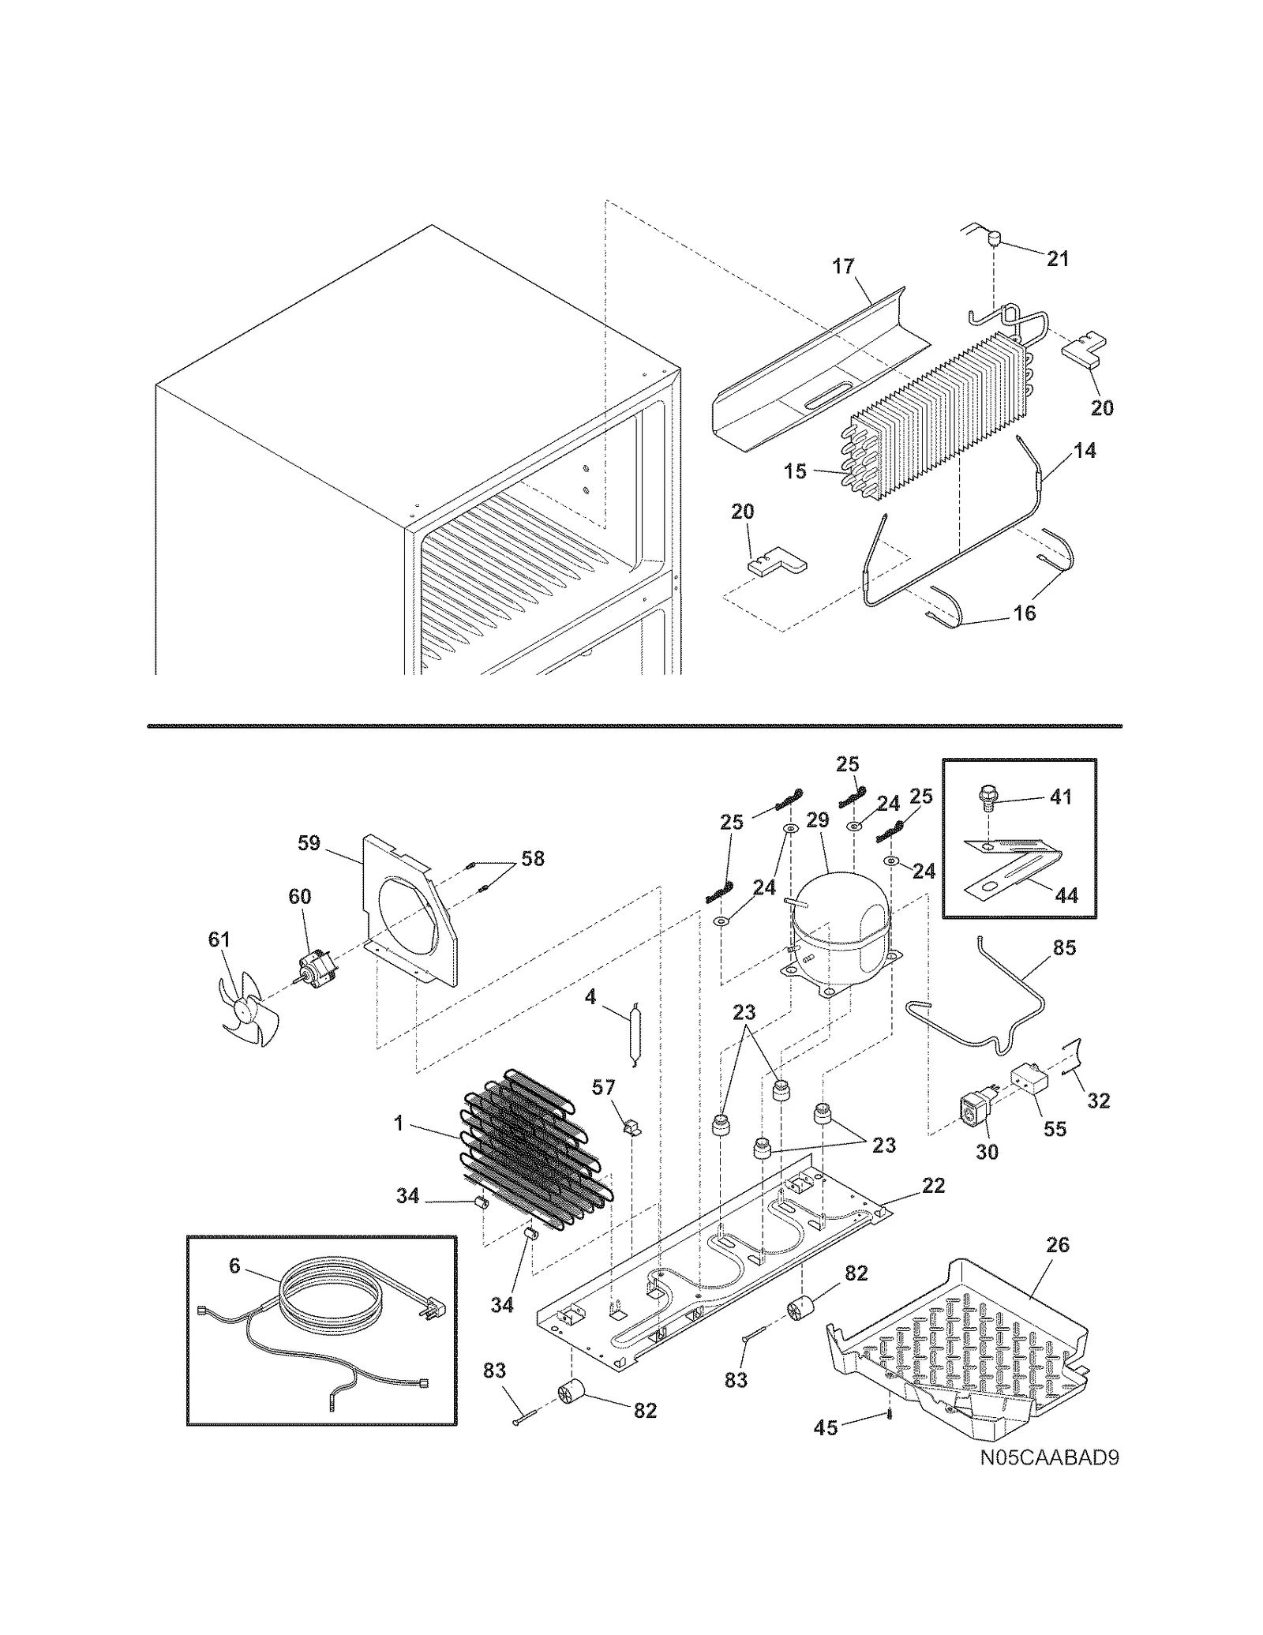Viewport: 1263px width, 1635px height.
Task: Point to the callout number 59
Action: pyautogui.click(x=309, y=843)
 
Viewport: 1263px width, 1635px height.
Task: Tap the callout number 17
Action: pyautogui.click(x=844, y=267)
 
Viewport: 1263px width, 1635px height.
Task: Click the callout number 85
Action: pyautogui.click(x=1064, y=947)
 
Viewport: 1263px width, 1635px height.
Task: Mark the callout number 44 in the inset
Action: pyautogui.click(x=1066, y=895)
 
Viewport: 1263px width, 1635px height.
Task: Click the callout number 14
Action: pyautogui.click(x=1085, y=451)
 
